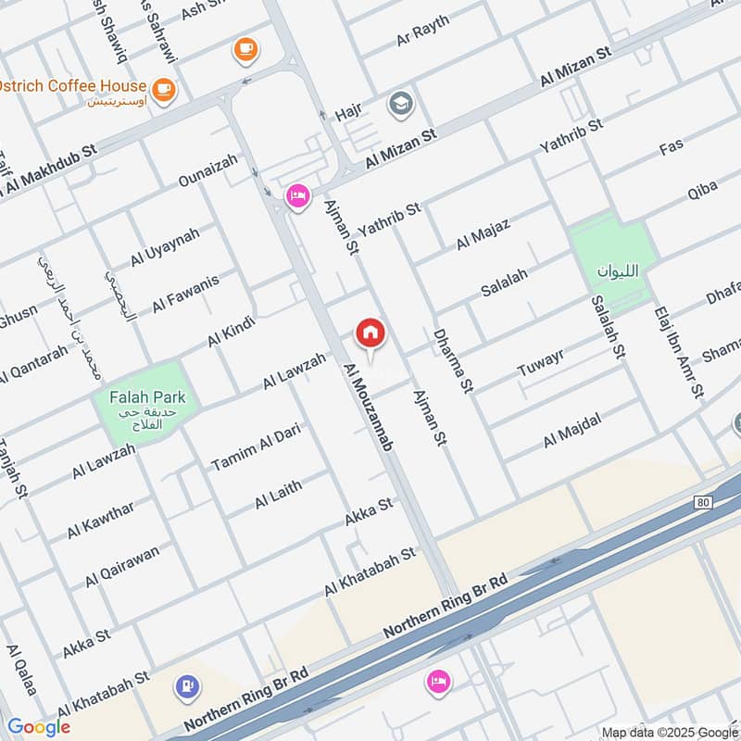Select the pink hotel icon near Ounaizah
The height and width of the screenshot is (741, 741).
pos(297,196)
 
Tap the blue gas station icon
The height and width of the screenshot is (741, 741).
pos(187,686)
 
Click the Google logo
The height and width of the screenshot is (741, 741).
pos(39,727)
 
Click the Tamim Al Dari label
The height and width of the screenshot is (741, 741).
pos(256,446)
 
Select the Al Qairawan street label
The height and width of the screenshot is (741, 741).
pos(122,565)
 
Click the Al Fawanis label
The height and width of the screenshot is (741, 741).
pos(186,292)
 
